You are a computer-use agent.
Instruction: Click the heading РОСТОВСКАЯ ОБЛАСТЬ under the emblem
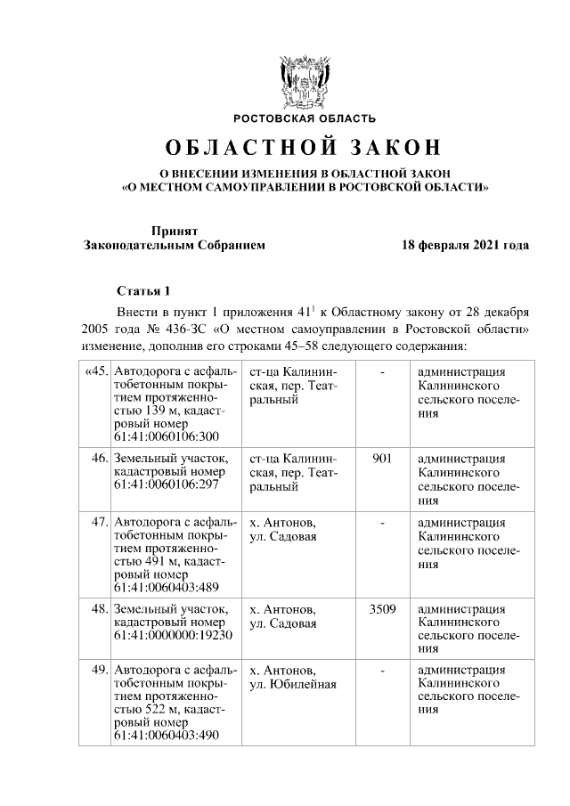click(305, 118)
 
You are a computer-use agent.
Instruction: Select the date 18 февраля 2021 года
click(465, 245)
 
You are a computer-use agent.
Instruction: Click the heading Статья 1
click(142, 291)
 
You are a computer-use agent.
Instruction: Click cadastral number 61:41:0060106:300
click(167, 436)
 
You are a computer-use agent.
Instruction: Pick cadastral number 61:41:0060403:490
click(167, 736)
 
